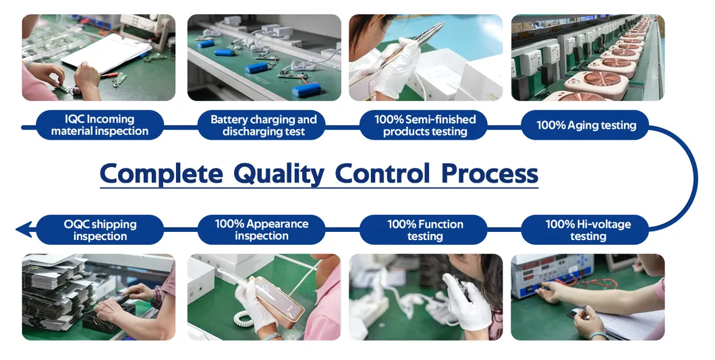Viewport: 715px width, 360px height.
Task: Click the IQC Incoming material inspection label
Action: point(99,125)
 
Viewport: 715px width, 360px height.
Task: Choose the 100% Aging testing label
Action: point(585,125)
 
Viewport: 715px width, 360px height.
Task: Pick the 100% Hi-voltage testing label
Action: point(585,230)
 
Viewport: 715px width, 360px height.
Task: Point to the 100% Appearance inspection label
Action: point(261,230)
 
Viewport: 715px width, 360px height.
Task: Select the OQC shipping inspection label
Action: point(99,230)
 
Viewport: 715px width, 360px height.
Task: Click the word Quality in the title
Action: point(279,174)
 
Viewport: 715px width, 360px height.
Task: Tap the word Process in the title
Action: point(490,174)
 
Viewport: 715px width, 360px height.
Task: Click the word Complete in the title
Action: point(161,174)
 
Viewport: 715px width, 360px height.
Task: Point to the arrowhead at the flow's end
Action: point(24,229)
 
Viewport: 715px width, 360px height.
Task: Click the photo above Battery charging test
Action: point(264,57)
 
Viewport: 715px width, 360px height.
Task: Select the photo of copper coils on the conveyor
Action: point(588,57)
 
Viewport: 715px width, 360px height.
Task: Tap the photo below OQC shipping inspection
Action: point(98,297)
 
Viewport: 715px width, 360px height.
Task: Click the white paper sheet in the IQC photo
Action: point(106,53)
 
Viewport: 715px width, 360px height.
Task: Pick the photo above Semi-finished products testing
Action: point(426,57)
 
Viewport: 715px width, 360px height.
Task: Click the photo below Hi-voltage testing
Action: point(588,297)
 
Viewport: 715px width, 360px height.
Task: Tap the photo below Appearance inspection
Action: point(264,297)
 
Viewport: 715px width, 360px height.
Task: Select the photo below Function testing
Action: point(426,297)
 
